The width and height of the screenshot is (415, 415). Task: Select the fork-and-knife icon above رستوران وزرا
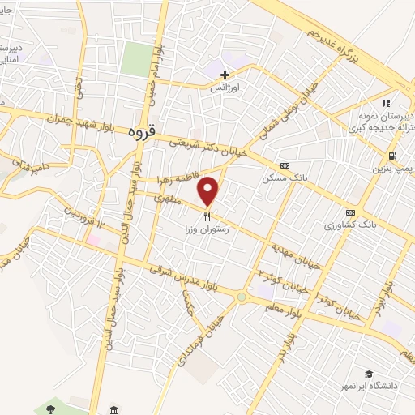pos(207,217)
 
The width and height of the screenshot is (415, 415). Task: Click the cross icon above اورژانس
pos(225,75)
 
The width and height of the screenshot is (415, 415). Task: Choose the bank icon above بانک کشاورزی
pos(350,212)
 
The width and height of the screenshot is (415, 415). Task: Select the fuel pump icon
pos(393,156)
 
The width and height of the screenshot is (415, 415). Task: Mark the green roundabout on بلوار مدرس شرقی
pos(241,297)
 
